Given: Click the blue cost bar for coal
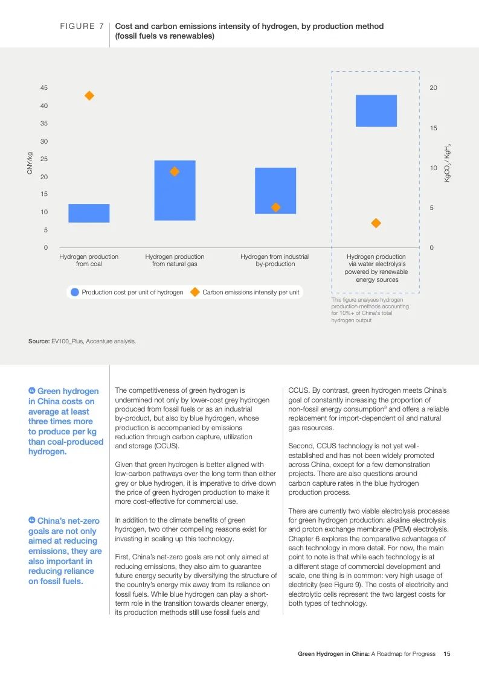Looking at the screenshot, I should (x=89, y=213).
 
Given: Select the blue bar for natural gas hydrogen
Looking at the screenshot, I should (x=175, y=190).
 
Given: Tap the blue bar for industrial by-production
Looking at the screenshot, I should (x=275, y=191).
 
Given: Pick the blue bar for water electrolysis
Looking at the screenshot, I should (x=376, y=110).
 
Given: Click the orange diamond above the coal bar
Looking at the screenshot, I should (x=89, y=95).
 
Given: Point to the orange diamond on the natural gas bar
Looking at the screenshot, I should (x=175, y=171).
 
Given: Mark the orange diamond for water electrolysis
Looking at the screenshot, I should (x=376, y=223).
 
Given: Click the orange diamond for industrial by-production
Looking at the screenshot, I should (x=275, y=208).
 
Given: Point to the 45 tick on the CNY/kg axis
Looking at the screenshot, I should (x=44, y=88).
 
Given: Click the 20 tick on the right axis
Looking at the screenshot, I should (x=433, y=88).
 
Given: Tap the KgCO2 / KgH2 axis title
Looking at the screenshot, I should (x=448, y=163).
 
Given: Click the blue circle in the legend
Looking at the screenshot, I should (x=75, y=292).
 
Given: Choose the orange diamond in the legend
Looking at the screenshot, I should (x=194, y=292).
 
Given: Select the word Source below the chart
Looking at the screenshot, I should (x=39, y=342).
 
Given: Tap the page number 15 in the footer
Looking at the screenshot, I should (x=447, y=653).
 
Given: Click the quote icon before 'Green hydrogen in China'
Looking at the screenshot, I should (x=32, y=391).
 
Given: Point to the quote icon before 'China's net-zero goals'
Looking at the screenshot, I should (x=32, y=520).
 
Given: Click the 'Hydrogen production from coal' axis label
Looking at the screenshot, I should (x=89, y=260).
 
